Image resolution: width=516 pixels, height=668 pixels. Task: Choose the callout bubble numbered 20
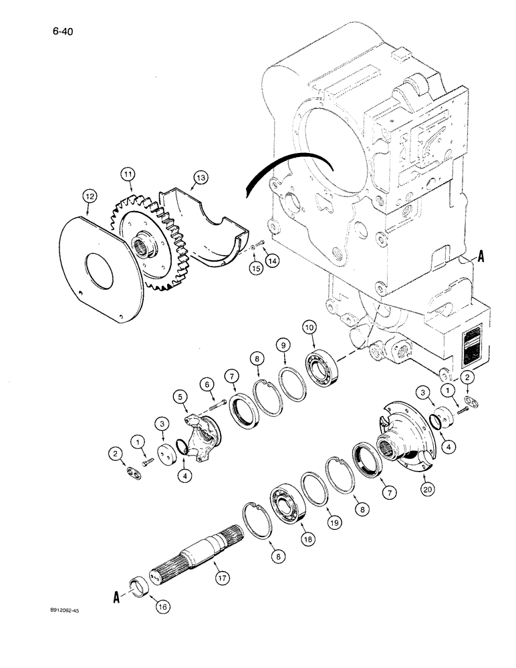pyautogui.click(x=424, y=489)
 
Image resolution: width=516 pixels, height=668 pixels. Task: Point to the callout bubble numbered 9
pyautogui.click(x=283, y=345)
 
